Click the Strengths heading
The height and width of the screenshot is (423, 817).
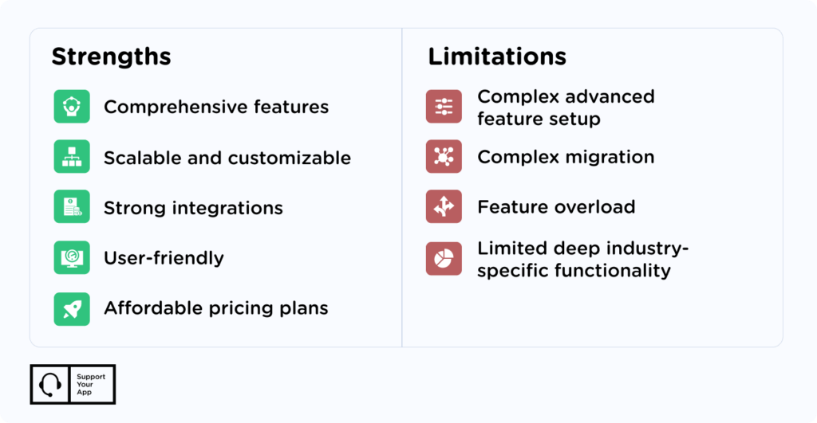(x=111, y=57)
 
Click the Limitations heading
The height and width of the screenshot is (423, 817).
(x=497, y=57)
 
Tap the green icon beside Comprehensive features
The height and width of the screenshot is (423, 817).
(x=72, y=107)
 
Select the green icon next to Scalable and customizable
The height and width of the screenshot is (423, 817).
(x=72, y=157)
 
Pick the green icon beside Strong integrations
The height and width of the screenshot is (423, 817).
(x=72, y=207)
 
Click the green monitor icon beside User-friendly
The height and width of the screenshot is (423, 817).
(x=72, y=257)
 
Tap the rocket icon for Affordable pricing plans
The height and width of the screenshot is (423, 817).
(x=72, y=308)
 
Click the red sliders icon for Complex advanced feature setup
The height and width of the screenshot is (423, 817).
(x=444, y=107)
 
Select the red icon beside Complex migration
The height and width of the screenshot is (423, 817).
(x=444, y=157)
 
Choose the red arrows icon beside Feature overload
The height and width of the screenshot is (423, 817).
(x=444, y=207)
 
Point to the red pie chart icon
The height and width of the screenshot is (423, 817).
(x=444, y=258)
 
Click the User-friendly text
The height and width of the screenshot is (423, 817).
(x=164, y=258)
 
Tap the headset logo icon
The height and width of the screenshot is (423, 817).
(x=50, y=385)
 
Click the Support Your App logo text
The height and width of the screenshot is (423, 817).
(x=90, y=385)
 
